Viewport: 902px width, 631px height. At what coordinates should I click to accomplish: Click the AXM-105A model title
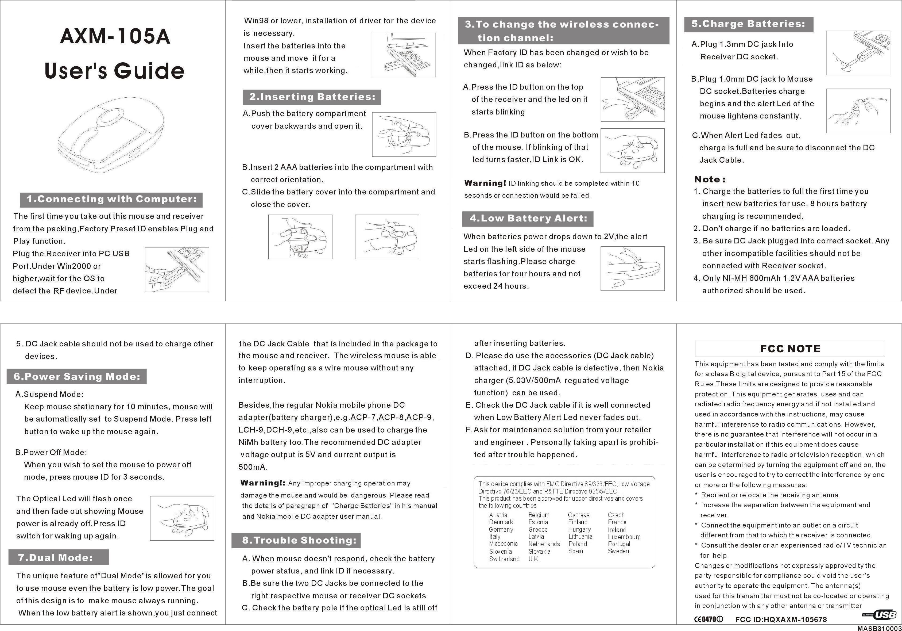coord(115,37)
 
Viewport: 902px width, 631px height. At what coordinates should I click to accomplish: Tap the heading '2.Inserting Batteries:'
coord(312,97)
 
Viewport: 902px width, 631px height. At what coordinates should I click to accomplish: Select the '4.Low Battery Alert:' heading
coord(528,219)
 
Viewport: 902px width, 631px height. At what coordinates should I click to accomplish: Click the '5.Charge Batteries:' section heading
coord(748,24)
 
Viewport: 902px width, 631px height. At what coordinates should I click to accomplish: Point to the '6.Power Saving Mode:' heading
coord(77,377)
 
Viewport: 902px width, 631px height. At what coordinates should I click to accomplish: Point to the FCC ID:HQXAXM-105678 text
coord(781,619)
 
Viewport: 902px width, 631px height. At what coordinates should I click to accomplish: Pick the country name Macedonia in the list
coord(503,544)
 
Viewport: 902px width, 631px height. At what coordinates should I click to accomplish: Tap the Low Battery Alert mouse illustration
coord(633,269)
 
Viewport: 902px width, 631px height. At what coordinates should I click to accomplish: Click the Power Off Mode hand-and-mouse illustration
coord(182,518)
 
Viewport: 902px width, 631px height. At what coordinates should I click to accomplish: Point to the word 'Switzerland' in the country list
coord(504,559)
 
